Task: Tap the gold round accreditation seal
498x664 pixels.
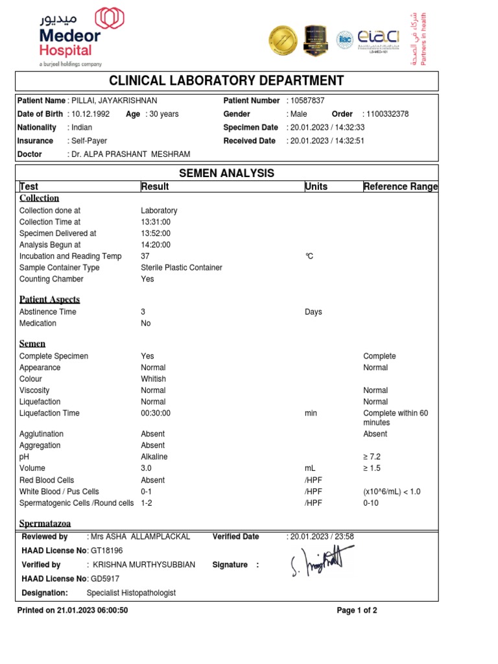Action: click(x=284, y=40)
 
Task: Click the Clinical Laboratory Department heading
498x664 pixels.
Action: click(x=226, y=81)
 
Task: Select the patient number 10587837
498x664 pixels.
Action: click(x=307, y=101)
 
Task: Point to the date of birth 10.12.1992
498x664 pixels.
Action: click(x=91, y=114)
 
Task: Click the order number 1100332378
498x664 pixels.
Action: click(x=387, y=114)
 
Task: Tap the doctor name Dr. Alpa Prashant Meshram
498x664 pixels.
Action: click(x=130, y=154)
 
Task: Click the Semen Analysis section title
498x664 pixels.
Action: click(x=226, y=173)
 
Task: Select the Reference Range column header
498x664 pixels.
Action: click(x=400, y=187)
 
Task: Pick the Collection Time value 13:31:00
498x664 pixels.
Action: click(x=156, y=222)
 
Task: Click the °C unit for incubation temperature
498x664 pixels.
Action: click(x=309, y=256)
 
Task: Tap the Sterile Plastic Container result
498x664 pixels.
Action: click(x=182, y=268)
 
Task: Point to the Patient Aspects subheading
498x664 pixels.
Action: click(x=50, y=300)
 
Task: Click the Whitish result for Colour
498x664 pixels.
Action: click(x=153, y=379)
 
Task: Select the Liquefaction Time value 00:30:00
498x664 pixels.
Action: click(x=156, y=414)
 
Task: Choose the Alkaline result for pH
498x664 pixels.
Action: click(x=154, y=457)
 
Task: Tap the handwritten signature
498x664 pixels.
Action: click(x=323, y=562)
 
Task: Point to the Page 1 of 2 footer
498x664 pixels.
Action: click(x=357, y=611)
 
